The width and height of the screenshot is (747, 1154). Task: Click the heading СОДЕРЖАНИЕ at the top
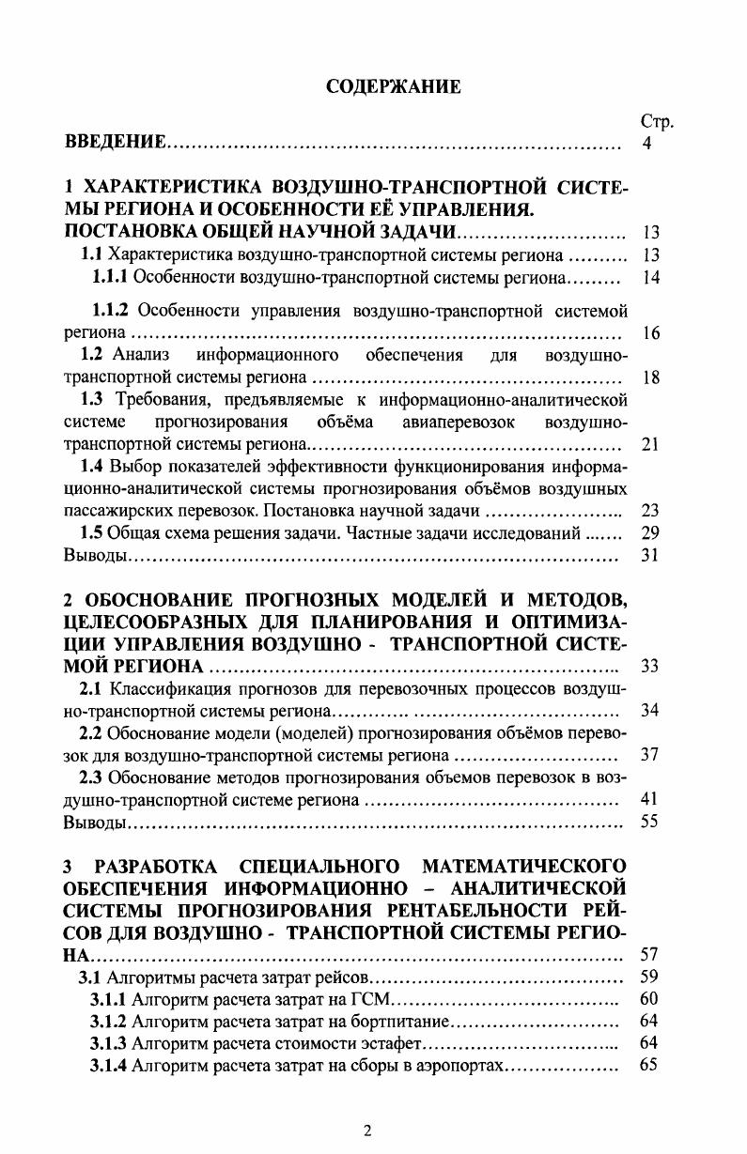pos(393,87)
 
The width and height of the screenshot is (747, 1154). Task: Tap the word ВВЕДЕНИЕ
pos(116,144)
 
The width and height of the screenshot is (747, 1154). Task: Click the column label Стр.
pos(657,122)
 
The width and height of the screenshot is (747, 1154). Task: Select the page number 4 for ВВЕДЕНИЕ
pos(646,144)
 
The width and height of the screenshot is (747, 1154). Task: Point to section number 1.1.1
pos(110,278)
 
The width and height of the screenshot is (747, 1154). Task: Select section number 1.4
pos(92,466)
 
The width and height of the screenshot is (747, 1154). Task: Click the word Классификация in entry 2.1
pos(163,688)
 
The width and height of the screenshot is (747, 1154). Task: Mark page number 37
pos(649,755)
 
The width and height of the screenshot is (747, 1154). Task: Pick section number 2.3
pos(92,777)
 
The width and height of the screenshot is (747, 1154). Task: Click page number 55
pos(649,822)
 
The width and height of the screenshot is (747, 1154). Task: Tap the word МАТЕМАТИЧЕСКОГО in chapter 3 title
pos(524,865)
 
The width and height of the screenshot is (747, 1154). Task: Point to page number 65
pos(648,1065)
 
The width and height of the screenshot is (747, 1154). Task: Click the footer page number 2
pos(367,1131)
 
